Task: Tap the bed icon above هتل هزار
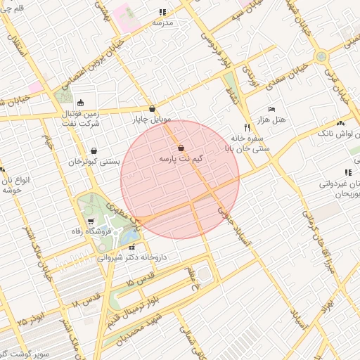pyautogui.click(x=271, y=110)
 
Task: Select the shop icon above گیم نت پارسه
pyautogui.click(x=181, y=148)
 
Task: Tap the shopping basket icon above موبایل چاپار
pyautogui.click(x=153, y=109)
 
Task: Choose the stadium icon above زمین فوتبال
pyautogui.click(x=82, y=102)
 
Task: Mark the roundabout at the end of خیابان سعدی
pyautogui.click(x=321, y=56)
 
